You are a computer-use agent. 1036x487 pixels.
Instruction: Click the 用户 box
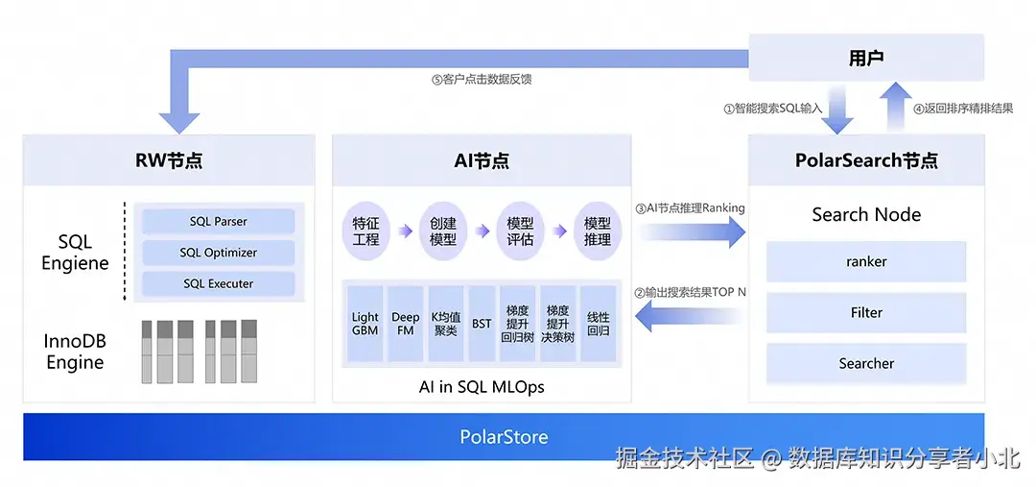click(866, 58)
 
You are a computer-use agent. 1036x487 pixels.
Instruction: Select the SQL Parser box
click(218, 222)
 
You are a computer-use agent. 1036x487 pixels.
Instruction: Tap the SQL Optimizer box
click(218, 253)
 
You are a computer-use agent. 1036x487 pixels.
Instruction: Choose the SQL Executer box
click(218, 284)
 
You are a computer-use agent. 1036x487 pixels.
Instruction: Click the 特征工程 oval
click(365, 231)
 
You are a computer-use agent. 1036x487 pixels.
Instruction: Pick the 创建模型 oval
click(443, 231)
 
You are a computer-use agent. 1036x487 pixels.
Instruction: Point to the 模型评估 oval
click(520, 231)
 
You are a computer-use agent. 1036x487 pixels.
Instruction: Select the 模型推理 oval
click(598, 231)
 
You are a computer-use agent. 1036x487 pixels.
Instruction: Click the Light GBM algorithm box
click(365, 324)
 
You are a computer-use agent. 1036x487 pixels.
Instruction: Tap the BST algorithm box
click(482, 324)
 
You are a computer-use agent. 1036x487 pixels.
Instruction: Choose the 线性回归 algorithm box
click(598, 324)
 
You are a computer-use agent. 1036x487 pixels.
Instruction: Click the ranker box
click(866, 261)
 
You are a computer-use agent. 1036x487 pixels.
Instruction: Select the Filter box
click(866, 312)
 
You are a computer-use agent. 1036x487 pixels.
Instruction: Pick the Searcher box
click(866, 363)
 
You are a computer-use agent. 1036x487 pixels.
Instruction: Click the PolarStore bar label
click(504, 437)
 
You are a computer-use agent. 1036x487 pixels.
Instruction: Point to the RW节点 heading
click(169, 160)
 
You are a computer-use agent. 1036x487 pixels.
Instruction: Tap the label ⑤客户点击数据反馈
click(482, 80)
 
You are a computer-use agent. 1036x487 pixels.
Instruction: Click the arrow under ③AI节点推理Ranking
click(691, 231)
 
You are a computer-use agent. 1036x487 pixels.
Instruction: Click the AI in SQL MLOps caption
click(483, 386)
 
